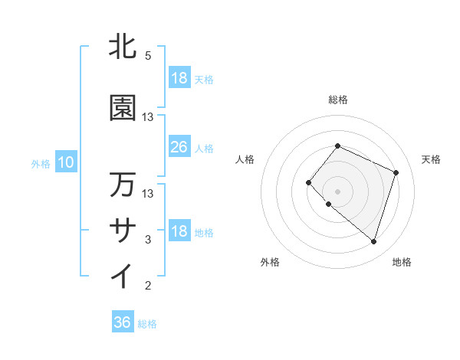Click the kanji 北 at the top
(123, 47)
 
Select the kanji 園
(123, 109)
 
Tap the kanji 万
(123, 185)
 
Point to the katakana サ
(123, 230)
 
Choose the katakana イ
(123, 276)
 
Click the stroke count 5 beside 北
(148, 56)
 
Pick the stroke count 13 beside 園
(148, 117)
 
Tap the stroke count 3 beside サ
(148, 240)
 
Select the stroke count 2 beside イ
(148, 286)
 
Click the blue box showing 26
(179, 147)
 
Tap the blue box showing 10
(65, 162)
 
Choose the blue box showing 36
(123, 322)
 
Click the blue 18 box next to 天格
(179, 78)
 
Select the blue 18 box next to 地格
(179, 231)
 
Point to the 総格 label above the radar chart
(337, 100)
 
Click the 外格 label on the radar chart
(270, 262)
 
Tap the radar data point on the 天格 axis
(396, 172)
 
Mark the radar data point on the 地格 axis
(373, 242)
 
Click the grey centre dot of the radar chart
(337, 191)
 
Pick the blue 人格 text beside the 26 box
(204, 148)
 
